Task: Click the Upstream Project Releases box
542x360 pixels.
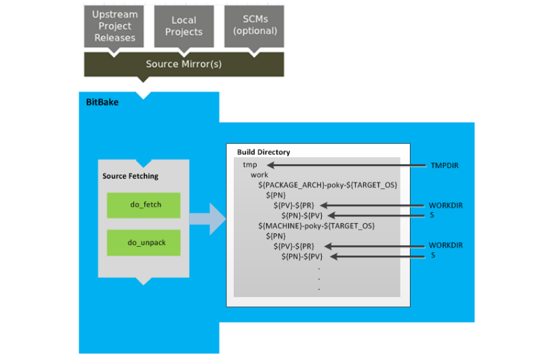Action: [x=114, y=26]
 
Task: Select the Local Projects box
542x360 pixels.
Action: [x=184, y=26]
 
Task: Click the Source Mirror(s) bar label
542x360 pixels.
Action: [x=183, y=64]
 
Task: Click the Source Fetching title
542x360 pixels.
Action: [x=130, y=176]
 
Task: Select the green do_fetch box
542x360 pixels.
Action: [x=144, y=205]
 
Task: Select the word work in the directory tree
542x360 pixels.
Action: [x=259, y=175]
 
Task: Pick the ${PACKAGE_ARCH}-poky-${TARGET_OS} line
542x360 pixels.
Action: [x=327, y=185]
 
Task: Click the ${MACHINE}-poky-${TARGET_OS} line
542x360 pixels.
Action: [x=316, y=225]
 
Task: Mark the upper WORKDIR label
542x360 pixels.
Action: [x=444, y=205]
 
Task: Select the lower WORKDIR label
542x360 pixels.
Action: [x=444, y=245]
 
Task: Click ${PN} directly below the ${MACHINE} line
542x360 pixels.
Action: [x=277, y=235]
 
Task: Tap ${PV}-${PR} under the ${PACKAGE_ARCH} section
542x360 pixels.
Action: [x=297, y=205]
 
